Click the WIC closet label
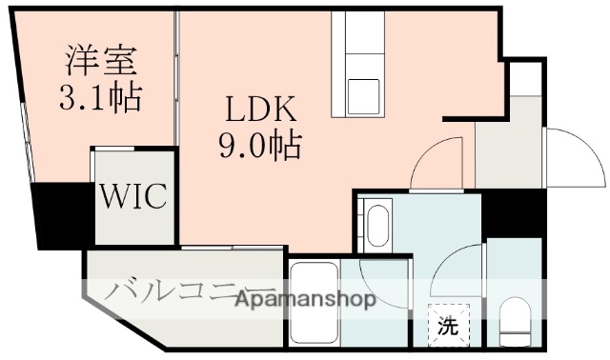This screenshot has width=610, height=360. (x=134, y=198)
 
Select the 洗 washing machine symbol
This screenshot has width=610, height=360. (x=447, y=325)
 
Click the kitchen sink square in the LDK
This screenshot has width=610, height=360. (x=363, y=96)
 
